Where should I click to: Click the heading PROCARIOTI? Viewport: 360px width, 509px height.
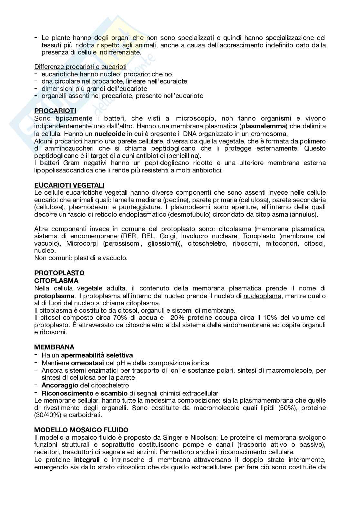point(55,111)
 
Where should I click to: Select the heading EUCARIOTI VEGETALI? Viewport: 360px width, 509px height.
point(69,185)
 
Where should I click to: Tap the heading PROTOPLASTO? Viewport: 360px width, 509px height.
point(59,273)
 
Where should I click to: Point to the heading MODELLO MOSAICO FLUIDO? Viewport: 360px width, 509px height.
point(81,430)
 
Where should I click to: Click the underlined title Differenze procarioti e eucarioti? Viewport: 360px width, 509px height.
point(80,67)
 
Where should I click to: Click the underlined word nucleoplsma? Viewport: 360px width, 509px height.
point(262,296)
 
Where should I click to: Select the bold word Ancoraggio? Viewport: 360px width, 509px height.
point(60,385)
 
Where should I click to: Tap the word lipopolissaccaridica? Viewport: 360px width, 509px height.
point(65,171)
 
